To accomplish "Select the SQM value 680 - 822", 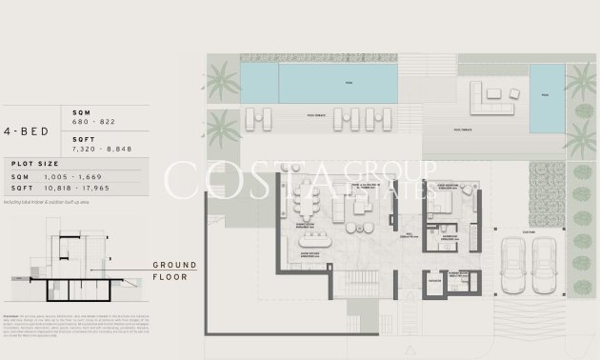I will point(92,124).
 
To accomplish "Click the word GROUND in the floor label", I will point(174,265).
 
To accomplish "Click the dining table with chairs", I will point(307,202).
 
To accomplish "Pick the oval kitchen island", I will point(315,242).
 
